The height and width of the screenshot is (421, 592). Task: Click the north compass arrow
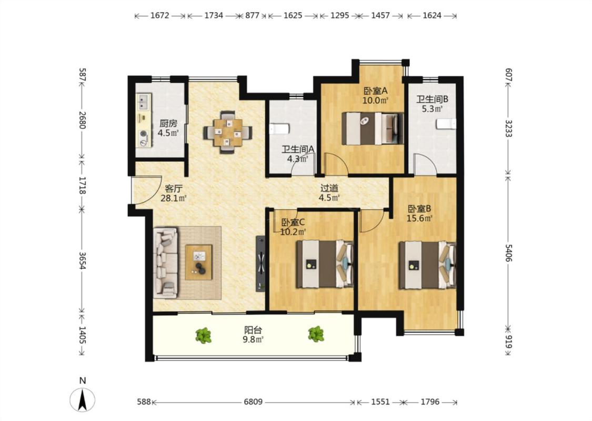[x=82, y=400]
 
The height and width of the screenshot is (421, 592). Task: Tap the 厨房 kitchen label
[x=168, y=124]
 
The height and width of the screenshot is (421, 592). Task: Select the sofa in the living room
[x=165, y=263]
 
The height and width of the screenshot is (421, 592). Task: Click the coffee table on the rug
[x=198, y=262]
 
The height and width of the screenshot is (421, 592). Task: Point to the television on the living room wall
[x=260, y=264]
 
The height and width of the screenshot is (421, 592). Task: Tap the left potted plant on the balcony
[x=204, y=335]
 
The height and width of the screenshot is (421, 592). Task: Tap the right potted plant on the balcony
[x=316, y=334]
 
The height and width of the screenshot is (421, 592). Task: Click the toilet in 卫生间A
[x=279, y=129]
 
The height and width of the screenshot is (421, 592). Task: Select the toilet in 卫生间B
[x=446, y=124]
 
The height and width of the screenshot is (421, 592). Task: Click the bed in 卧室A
[x=373, y=128]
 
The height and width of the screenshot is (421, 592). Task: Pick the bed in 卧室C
[x=325, y=264]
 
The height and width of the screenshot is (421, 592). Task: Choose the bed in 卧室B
[x=427, y=265]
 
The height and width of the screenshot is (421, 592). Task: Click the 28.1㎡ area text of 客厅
[x=174, y=198]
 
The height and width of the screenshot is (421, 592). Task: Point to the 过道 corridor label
[x=329, y=188]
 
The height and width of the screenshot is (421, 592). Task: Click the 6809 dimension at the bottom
[x=253, y=402]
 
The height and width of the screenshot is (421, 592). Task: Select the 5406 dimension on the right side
[x=508, y=253]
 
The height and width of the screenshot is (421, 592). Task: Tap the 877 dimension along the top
[x=252, y=15]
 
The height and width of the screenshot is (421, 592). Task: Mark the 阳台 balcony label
[x=253, y=329]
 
